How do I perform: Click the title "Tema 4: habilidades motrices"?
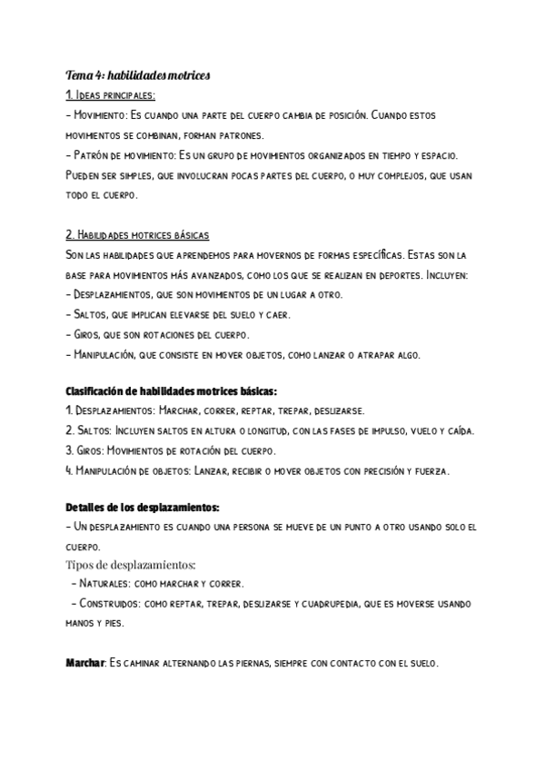[x=137, y=75]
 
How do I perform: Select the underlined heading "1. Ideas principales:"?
[x=111, y=95]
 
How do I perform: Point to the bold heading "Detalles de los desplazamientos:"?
[x=143, y=506]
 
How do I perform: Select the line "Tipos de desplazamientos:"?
[x=130, y=565]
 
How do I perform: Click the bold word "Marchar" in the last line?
[x=85, y=664]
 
